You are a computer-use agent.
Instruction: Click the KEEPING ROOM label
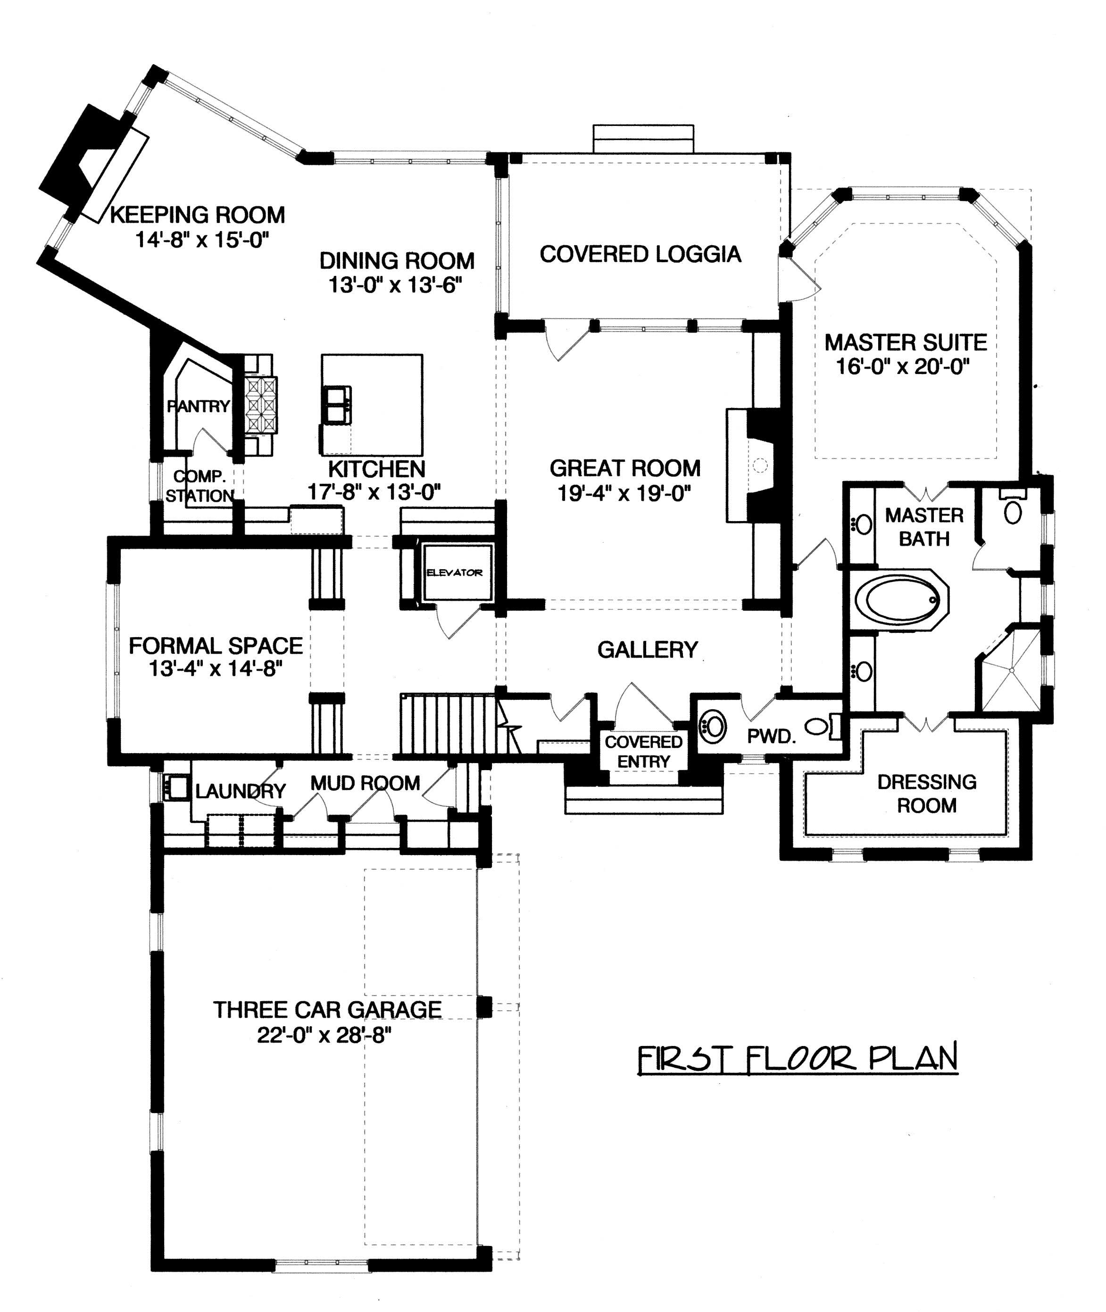pyautogui.click(x=198, y=215)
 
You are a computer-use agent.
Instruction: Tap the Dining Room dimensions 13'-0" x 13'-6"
pyautogui.click(x=396, y=286)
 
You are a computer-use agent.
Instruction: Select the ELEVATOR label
pyautogui.click(x=455, y=573)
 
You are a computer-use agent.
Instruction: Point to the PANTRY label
pyautogui.click(x=198, y=406)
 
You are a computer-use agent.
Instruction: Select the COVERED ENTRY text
pyautogui.click(x=643, y=751)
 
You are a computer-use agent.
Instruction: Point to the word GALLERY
pyautogui.click(x=647, y=649)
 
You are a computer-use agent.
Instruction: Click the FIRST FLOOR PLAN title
pyautogui.click(x=798, y=1058)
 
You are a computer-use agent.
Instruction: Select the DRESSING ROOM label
pyautogui.click(x=927, y=794)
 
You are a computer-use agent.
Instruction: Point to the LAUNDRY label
pyautogui.click(x=240, y=791)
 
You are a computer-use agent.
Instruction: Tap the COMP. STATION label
pyautogui.click(x=200, y=486)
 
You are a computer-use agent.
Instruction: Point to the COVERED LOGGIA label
pyautogui.click(x=640, y=254)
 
